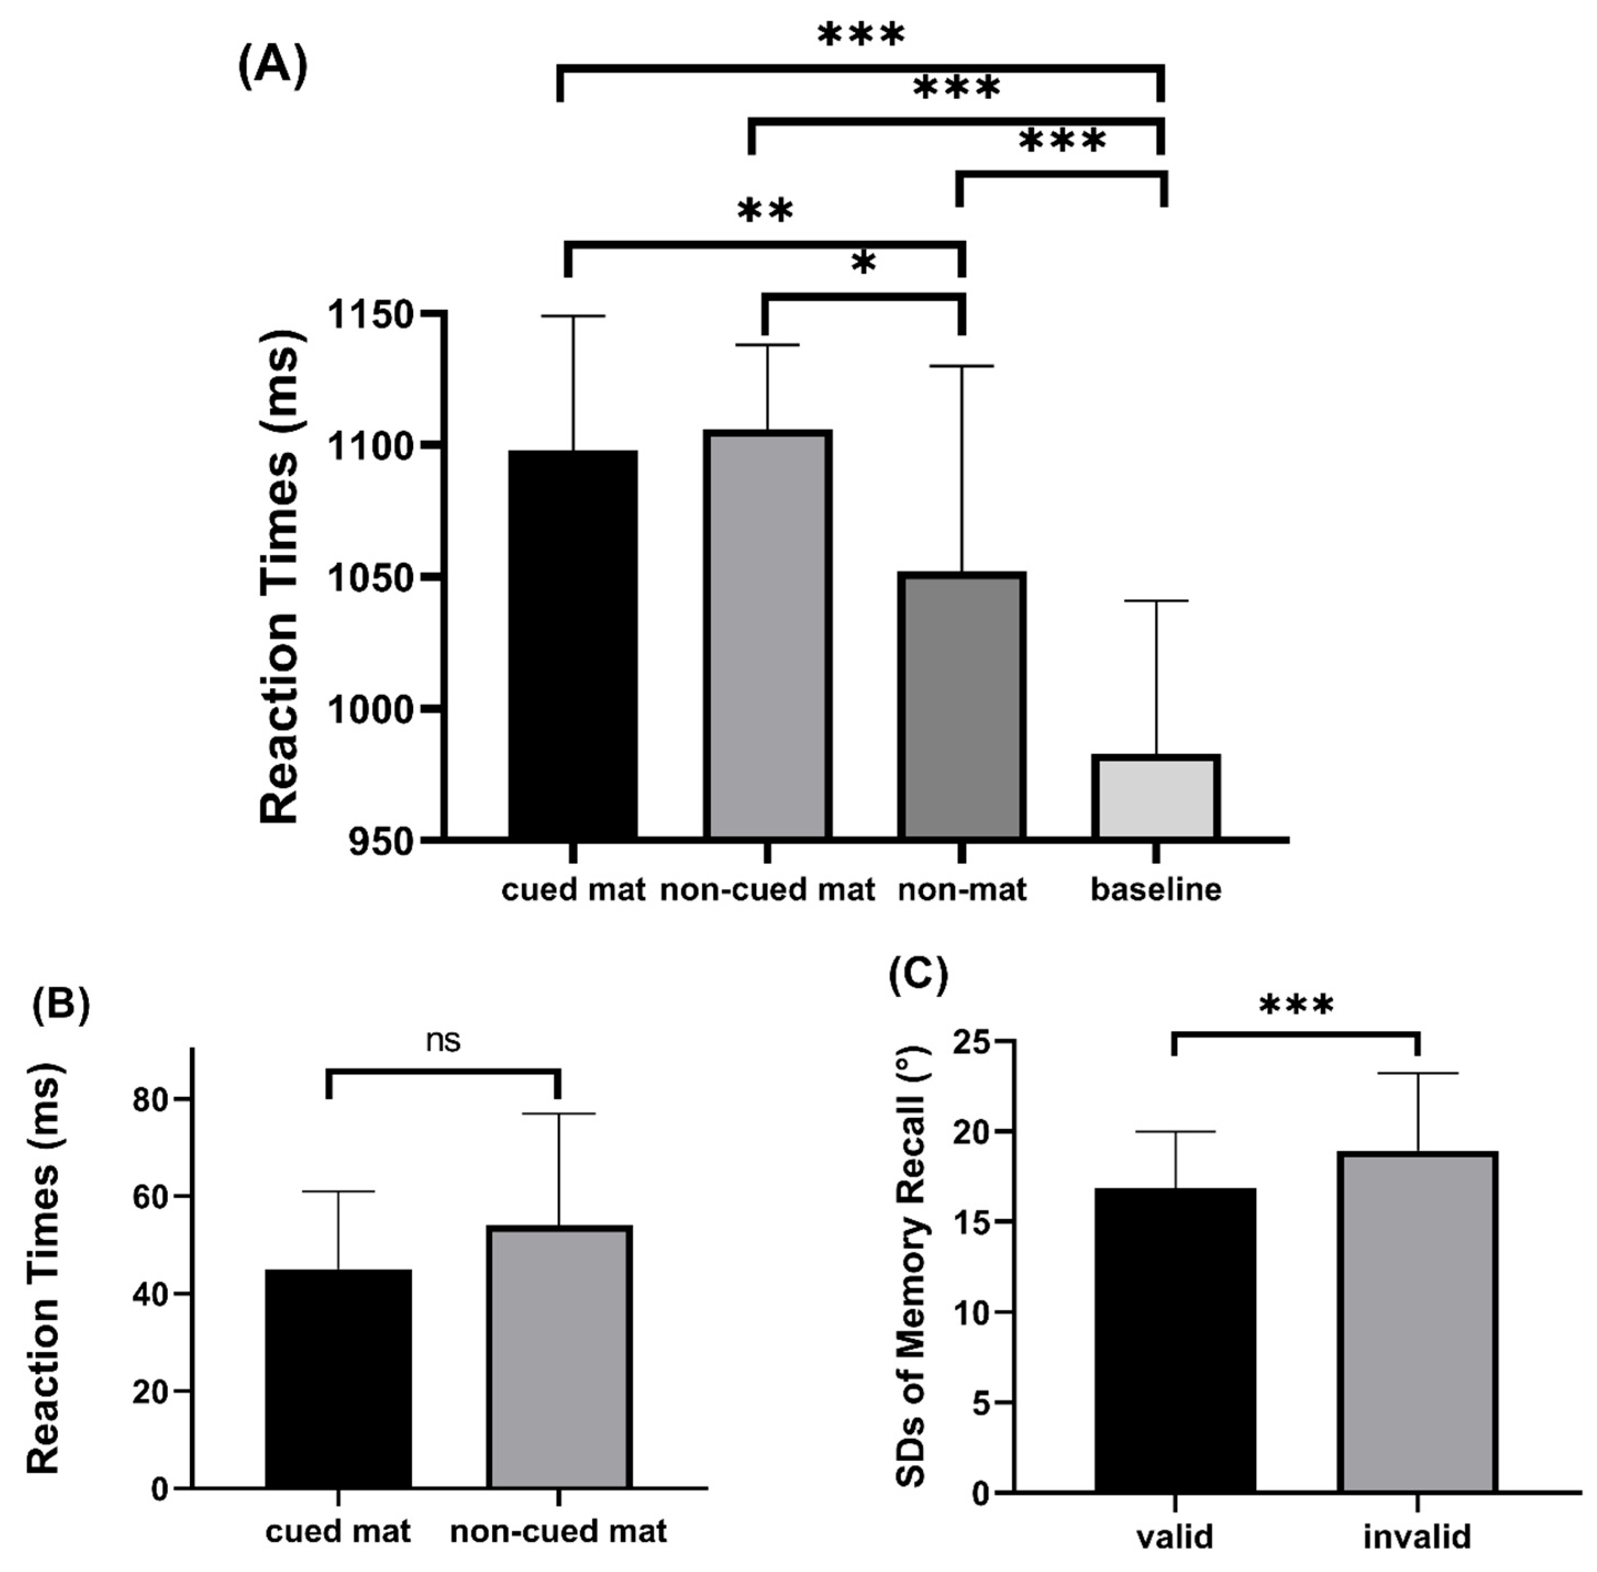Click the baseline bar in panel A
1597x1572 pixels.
tap(1156, 797)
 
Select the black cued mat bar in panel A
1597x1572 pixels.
tap(572, 644)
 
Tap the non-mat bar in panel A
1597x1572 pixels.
tap(962, 706)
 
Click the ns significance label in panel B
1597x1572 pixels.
tap(443, 1041)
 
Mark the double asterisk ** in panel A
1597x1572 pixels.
tap(766, 211)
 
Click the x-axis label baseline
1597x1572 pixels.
tap(1156, 889)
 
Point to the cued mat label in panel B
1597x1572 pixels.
tap(337, 1531)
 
